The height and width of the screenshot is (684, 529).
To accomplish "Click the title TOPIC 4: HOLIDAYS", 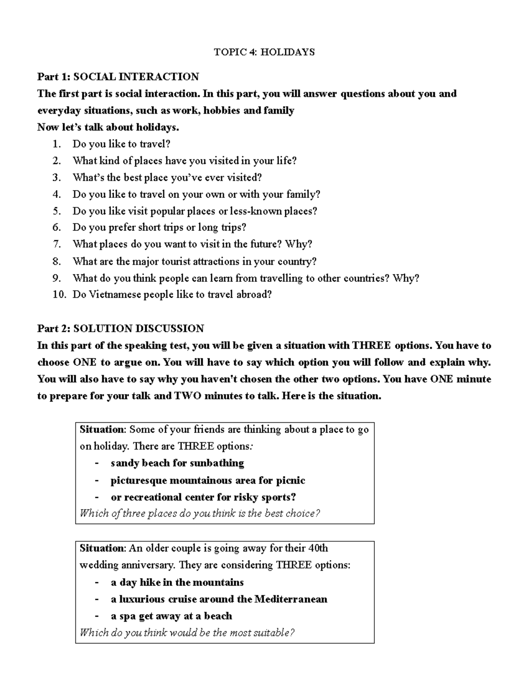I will point(264,52).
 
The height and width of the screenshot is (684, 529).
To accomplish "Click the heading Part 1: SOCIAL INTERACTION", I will point(118,77).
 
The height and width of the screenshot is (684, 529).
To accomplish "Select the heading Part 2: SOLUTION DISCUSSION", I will point(120,329).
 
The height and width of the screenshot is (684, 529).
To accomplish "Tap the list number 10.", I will point(59,295).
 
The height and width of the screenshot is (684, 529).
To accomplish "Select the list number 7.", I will point(56,244).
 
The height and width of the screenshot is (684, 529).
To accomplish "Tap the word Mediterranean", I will point(291,599).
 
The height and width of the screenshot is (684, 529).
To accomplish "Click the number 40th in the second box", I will point(318,548).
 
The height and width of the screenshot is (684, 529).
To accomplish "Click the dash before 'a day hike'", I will point(97,582).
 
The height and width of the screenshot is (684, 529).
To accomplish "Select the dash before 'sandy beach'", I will point(97,463).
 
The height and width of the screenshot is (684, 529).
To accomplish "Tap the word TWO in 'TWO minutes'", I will point(187,396).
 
